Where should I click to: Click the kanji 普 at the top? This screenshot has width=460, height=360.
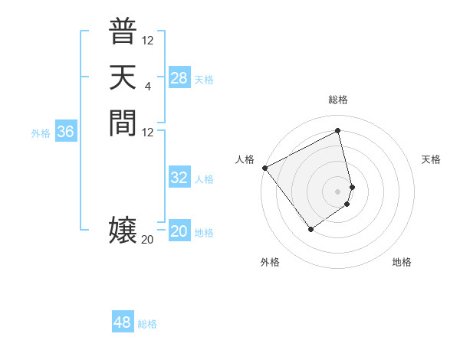tap(123, 31)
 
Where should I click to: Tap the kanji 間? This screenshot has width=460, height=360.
tap(123, 123)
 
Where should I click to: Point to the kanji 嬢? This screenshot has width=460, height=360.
tap(123, 231)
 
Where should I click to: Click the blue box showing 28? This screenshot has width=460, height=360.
tap(179, 78)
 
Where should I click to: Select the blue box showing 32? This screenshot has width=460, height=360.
tap(179, 178)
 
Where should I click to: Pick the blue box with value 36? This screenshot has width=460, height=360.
tap(65, 132)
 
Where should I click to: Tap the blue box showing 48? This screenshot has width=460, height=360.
tap(122, 322)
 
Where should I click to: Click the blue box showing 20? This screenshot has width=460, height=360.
tap(179, 231)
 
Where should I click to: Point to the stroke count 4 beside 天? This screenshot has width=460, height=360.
tap(147, 86)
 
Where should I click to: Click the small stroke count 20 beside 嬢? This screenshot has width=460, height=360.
tap(147, 240)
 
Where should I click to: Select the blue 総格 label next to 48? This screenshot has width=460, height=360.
tap(147, 324)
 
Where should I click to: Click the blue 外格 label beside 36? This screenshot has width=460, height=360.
tap(41, 133)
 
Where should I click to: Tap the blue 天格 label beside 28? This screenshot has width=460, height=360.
tap(204, 80)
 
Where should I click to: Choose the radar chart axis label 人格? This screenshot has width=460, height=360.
tap(245, 159)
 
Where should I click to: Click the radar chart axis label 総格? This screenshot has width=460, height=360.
tap(338, 100)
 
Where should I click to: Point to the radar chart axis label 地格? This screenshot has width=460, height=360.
tap(402, 262)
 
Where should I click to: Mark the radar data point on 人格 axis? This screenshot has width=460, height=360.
tap(264, 168)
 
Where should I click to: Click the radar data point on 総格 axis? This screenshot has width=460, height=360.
tap(338, 130)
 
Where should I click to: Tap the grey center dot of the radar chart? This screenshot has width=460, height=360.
tap(338, 191)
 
